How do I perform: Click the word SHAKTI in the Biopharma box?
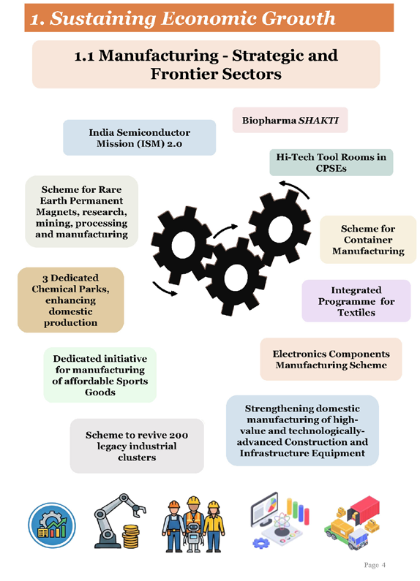coord(319,121)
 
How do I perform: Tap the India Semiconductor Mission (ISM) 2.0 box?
coord(140,137)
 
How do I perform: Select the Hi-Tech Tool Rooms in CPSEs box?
coord(331,162)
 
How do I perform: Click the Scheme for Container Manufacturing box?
coord(368,240)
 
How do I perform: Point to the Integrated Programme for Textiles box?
coord(356,301)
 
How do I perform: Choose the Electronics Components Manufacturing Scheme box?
coord(331,359)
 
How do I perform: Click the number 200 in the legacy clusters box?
coord(178,435)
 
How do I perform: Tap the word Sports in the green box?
coord(132,381)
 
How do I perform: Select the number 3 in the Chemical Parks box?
coord(45,278)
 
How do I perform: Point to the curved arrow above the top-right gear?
coord(294,189)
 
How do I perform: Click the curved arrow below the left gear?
coord(165,289)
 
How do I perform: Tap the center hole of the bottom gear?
coord(236,278)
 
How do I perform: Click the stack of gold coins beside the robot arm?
coord(131,536)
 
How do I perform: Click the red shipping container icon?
coord(365,511)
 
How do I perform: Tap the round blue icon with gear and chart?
coord(52,525)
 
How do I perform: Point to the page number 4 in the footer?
coord(383,565)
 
